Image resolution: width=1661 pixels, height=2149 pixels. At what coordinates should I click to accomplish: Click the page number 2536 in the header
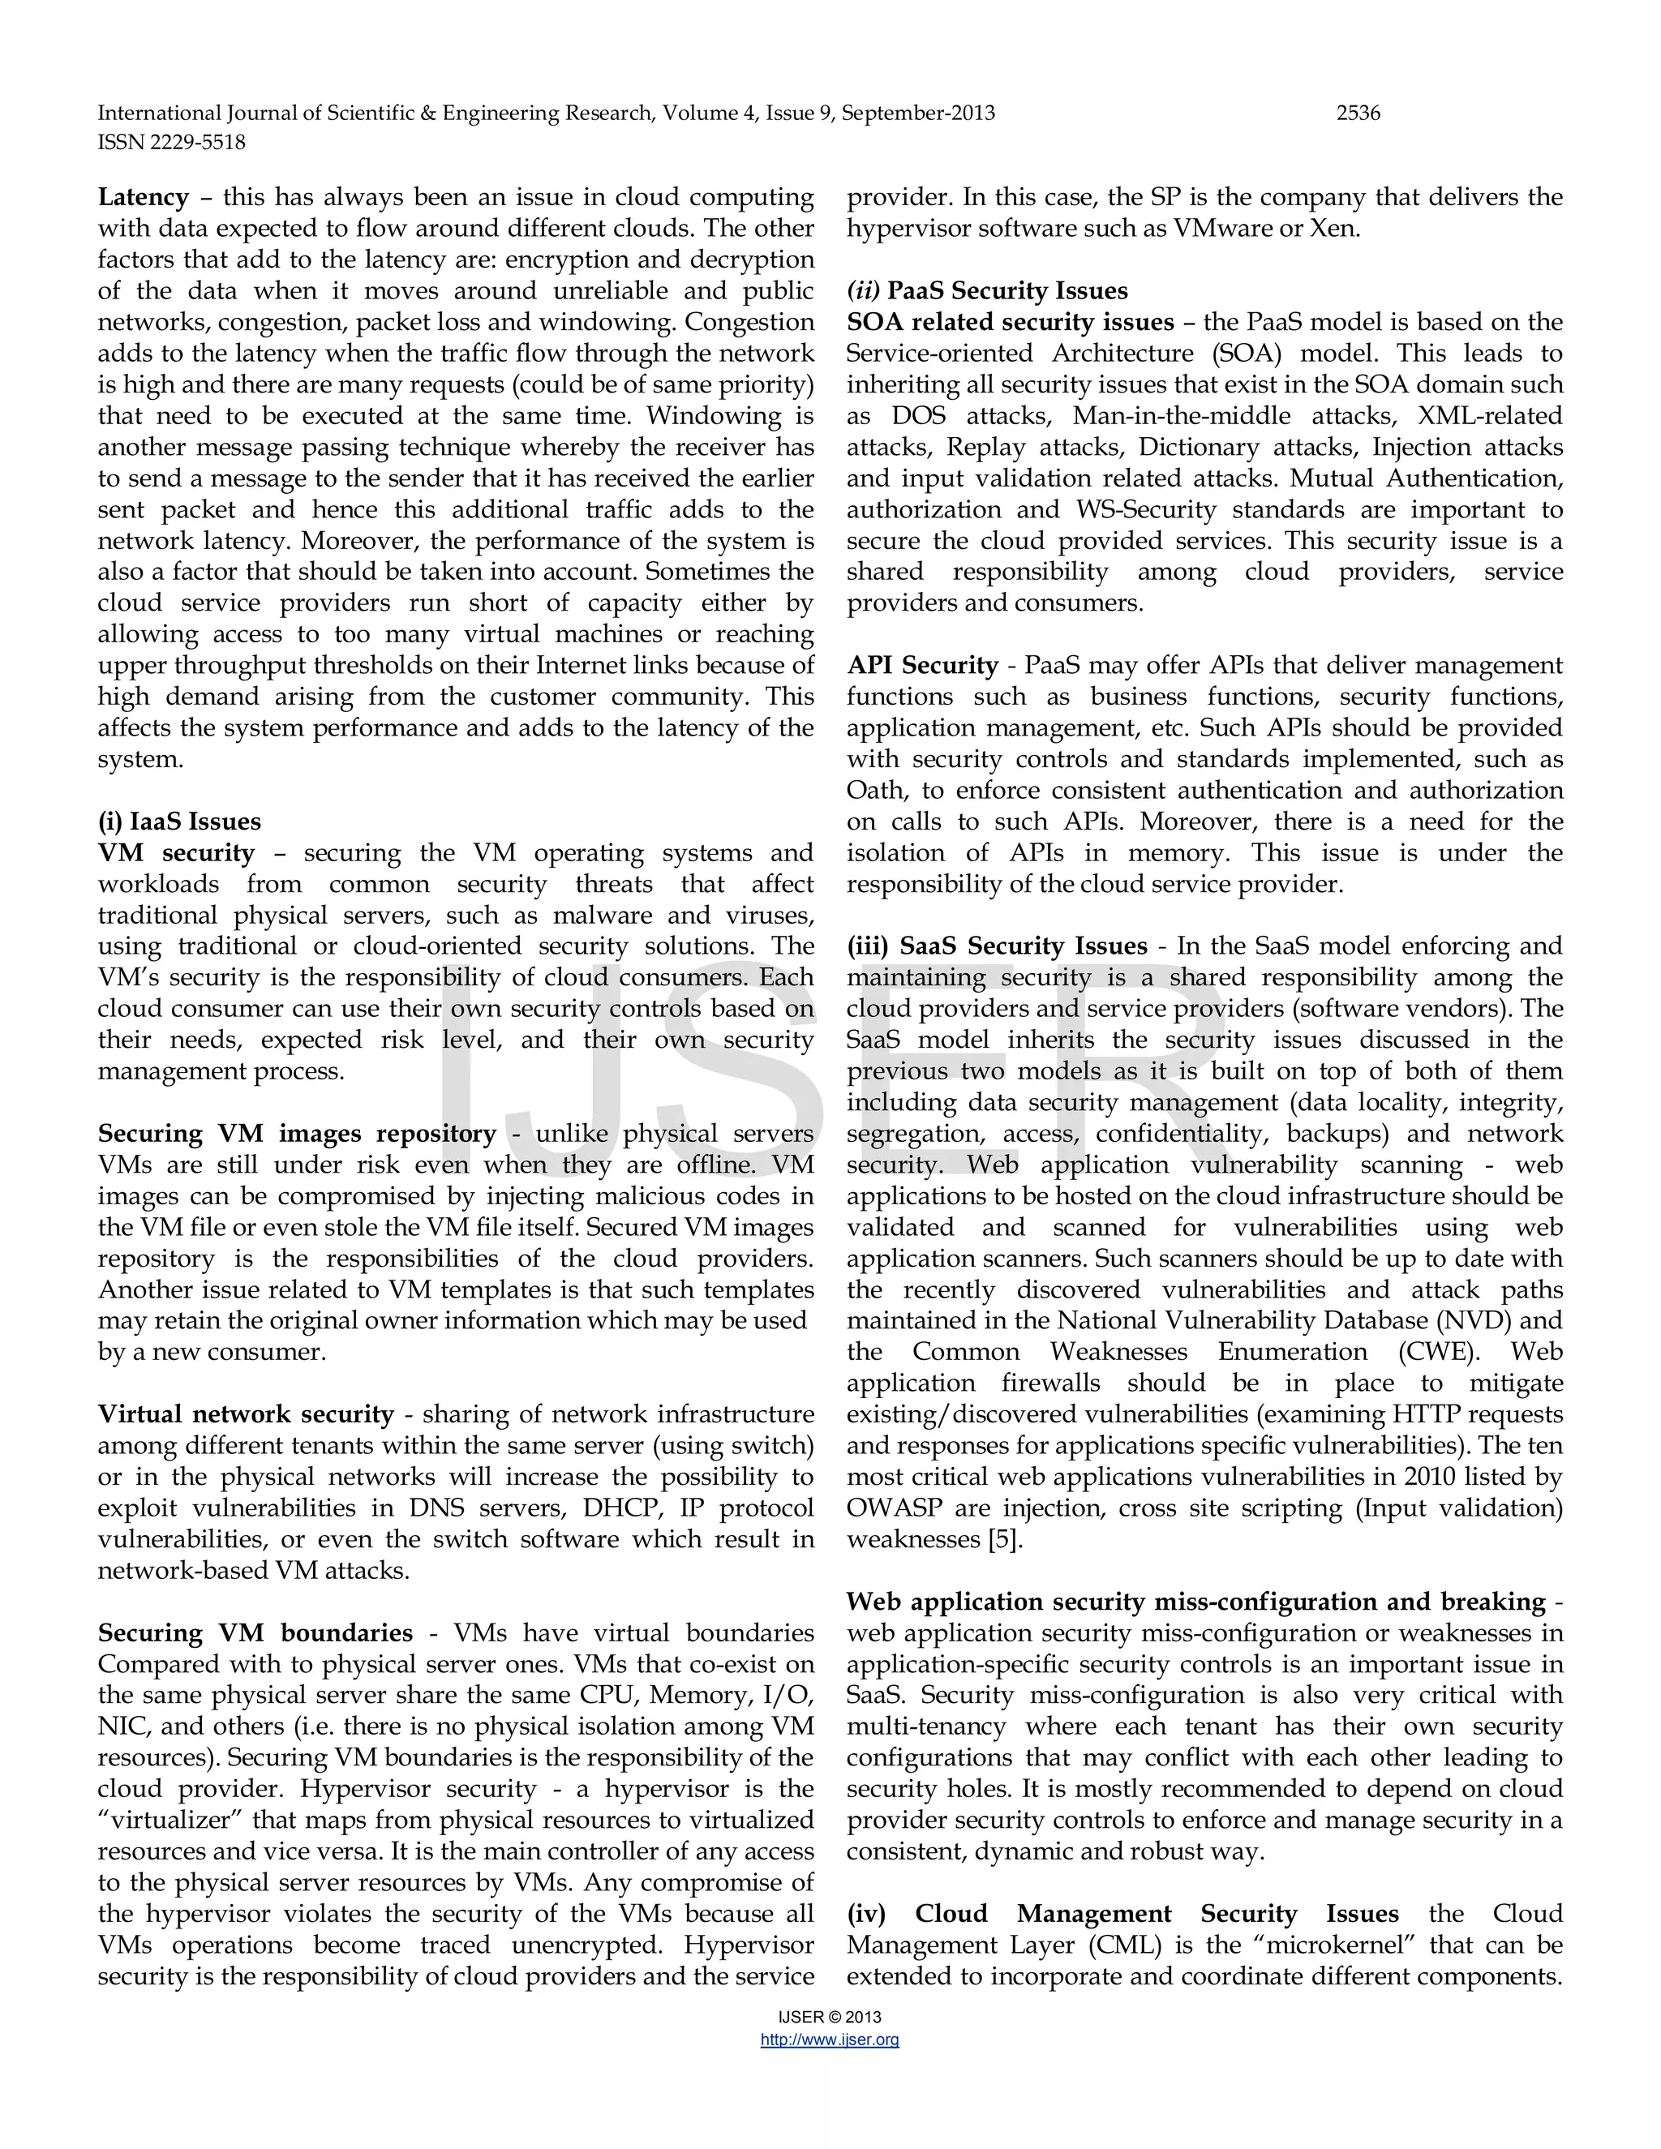tap(1358, 114)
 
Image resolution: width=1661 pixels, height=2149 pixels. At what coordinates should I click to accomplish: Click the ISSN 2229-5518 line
tap(171, 143)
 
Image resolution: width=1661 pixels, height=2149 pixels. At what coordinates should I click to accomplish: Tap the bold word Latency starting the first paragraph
tap(144, 197)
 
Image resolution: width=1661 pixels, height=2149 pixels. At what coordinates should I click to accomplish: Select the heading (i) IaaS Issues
tap(179, 821)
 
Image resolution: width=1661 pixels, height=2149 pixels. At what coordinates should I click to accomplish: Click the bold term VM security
tap(176, 853)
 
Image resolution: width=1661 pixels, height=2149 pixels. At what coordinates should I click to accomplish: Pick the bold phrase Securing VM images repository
tap(297, 1134)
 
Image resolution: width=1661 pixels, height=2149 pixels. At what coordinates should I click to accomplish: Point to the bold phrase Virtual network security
tap(246, 1414)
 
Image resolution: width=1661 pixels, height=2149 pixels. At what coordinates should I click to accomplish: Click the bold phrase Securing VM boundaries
tap(255, 1633)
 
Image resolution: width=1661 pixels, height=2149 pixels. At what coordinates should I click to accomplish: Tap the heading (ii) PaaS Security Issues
tap(987, 291)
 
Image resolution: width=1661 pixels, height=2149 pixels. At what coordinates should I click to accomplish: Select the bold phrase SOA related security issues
tap(1011, 323)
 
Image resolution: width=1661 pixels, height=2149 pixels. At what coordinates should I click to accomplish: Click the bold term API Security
tap(923, 665)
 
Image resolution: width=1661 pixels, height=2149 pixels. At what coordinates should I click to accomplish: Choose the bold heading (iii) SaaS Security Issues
tap(997, 946)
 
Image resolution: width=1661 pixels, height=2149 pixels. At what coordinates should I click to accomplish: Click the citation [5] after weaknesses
tap(1004, 1540)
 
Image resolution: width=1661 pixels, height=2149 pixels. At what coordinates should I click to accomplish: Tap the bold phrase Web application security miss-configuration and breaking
tap(1195, 1602)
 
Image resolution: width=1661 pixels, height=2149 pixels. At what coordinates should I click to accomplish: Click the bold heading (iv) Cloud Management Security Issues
tap(1122, 1914)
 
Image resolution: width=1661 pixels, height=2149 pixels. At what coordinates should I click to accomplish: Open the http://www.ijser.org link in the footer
tap(830, 2040)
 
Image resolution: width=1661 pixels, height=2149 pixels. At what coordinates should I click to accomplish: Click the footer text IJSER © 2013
tap(830, 2016)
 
